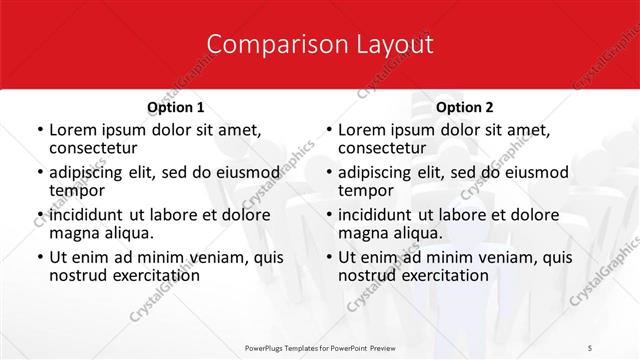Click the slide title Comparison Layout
(x=320, y=45)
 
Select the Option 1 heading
(x=176, y=107)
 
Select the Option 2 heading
(x=465, y=107)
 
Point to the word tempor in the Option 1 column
(x=77, y=190)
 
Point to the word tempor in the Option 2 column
(x=366, y=190)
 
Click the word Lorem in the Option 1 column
(x=72, y=130)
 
